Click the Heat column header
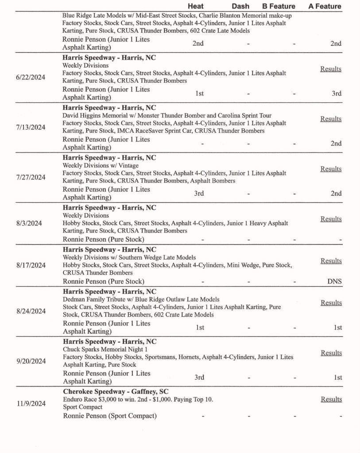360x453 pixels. (x=196, y=6)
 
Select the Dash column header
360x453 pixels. (x=240, y=6)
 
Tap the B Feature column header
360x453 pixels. (x=279, y=6)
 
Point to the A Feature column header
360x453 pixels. (x=325, y=6)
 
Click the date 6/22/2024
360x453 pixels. (x=31, y=77)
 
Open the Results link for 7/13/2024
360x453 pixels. (x=331, y=119)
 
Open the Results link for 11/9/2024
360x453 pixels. (x=331, y=399)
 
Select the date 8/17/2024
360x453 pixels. (x=31, y=265)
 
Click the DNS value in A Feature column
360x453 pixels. (x=334, y=281)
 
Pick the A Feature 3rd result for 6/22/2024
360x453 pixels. (x=337, y=93)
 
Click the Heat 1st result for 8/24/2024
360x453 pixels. (x=199, y=327)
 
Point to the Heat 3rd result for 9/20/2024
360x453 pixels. (x=199, y=377)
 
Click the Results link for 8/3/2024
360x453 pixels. (x=331, y=219)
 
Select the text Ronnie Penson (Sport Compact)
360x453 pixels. (x=109, y=416)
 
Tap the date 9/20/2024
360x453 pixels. (x=31, y=361)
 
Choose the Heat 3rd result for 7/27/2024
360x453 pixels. (x=199, y=193)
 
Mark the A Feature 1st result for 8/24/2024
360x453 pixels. (x=337, y=327)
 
